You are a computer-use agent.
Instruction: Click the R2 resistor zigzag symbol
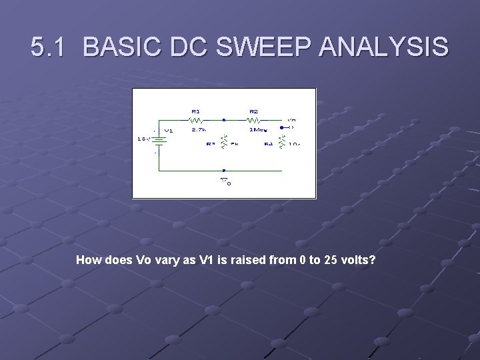click(x=254, y=121)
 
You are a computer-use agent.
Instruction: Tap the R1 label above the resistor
click(x=195, y=111)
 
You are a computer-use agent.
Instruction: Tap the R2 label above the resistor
click(x=253, y=111)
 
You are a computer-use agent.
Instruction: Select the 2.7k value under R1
click(x=199, y=130)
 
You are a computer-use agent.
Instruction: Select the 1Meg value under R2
click(x=257, y=130)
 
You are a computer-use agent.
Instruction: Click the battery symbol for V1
click(x=155, y=141)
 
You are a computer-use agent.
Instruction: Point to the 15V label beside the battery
click(x=142, y=139)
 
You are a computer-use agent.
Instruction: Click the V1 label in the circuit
click(x=169, y=131)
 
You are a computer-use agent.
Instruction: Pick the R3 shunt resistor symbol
click(x=224, y=141)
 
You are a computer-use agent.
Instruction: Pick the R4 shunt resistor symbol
click(x=281, y=141)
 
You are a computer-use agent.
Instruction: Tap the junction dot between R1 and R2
click(x=224, y=121)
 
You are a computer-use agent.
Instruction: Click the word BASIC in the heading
click(x=123, y=47)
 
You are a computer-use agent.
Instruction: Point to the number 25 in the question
click(x=330, y=259)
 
